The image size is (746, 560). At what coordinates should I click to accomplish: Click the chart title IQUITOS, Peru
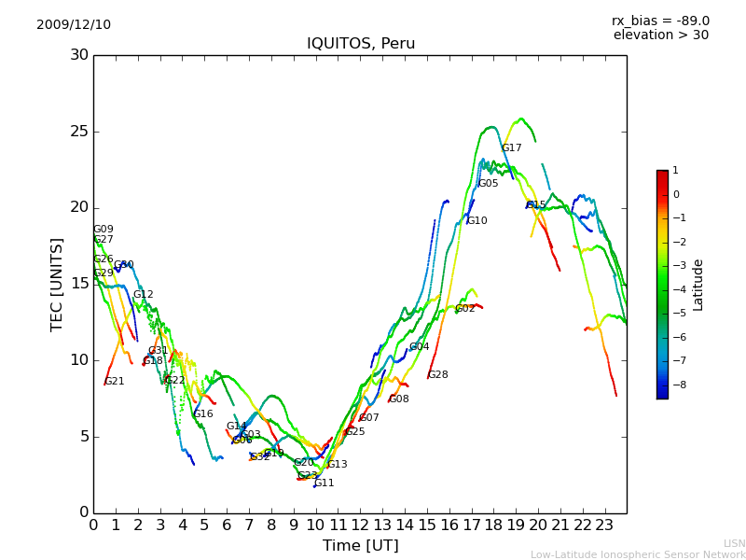click(x=361, y=44)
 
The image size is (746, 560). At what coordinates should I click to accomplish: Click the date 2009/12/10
click(x=74, y=24)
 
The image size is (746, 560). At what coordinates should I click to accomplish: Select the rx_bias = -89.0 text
click(x=660, y=21)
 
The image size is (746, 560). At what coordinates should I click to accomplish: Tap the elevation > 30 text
click(x=661, y=35)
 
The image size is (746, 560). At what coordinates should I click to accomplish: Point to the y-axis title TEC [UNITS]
click(x=58, y=284)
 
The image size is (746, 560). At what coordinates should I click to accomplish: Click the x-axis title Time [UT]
click(x=360, y=546)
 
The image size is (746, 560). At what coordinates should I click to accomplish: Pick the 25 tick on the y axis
click(x=79, y=132)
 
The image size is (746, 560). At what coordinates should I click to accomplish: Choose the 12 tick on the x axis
click(x=360, y=525)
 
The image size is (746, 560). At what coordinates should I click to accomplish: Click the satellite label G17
click(x=511, y=148)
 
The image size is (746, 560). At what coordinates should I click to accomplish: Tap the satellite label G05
click(x=488, y=184)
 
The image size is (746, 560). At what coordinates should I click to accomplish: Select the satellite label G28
click(x=437, y=375)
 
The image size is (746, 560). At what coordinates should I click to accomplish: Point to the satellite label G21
click(x=114, y=382)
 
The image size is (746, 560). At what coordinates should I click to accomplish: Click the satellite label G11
click(x=324, y=483)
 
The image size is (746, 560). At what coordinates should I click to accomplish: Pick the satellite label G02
click(x=464, y=309)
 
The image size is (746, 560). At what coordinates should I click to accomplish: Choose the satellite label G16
click(x=202, y=414)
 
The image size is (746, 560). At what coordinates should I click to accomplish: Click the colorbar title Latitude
click(x=698, y=285)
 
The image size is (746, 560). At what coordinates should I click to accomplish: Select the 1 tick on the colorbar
click(x=675, y=171)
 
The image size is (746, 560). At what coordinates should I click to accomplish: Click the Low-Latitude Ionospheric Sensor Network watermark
click(x=638, y=554)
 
